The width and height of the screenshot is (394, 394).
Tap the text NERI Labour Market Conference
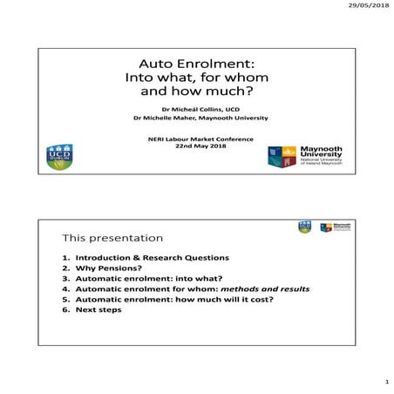[x=196, y=139]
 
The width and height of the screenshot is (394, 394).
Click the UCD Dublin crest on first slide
[x=59, y=158]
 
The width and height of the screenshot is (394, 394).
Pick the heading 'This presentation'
[x=112, y=237]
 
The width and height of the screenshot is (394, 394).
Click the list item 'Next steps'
[x=96, y=321]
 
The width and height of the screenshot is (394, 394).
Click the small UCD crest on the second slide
[x=304, y=228]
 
